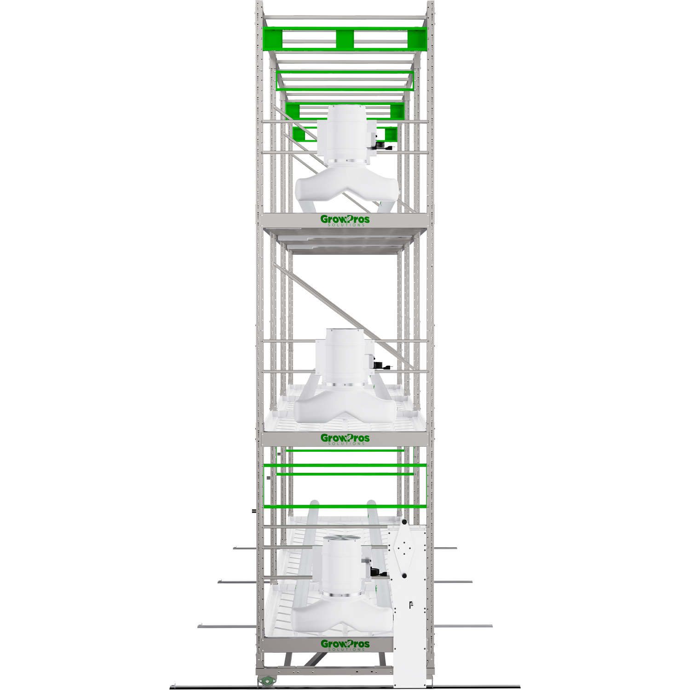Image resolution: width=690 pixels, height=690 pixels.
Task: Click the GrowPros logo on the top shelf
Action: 345,220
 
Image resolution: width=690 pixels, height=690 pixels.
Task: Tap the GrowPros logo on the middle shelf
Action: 345,438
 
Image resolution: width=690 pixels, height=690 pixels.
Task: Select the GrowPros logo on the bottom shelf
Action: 345,644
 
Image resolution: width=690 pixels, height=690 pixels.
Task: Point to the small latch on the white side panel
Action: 411,604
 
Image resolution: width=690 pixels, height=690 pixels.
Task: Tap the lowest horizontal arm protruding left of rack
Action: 227,626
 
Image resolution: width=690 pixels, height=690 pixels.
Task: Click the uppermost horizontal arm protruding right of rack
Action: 445,548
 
